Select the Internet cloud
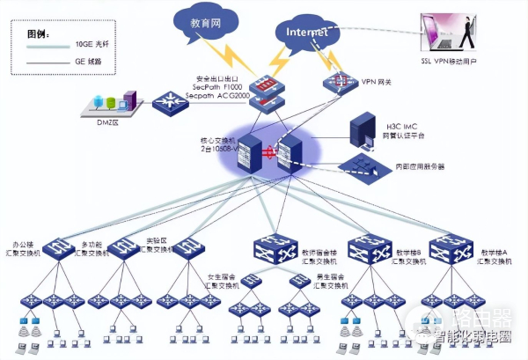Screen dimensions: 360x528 tap(303, 33)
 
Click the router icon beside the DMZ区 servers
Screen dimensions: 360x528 tap(168, 102)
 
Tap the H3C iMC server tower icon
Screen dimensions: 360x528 tap(363, 129)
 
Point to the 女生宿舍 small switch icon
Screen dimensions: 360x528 tap(251, 282)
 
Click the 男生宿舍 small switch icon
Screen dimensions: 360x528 tap(301, 282)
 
